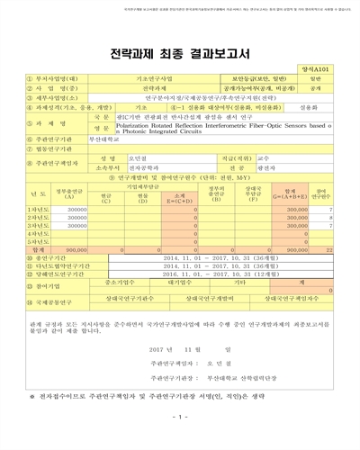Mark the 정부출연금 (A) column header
[76, 193]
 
